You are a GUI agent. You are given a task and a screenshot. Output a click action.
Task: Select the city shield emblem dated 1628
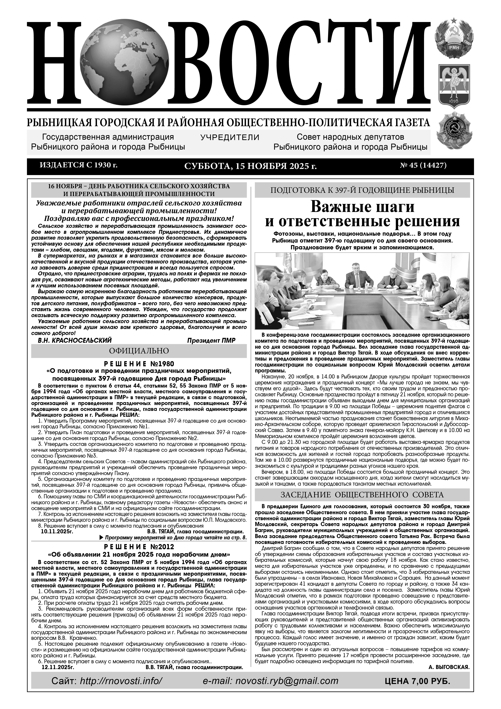click(453, 86)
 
